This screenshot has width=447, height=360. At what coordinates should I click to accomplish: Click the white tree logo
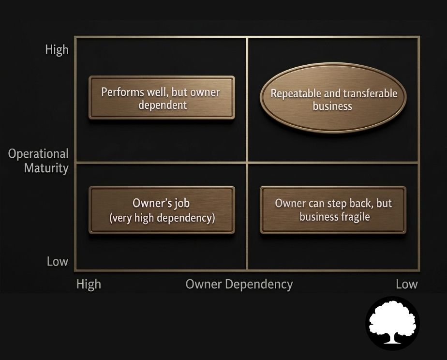tap(392, 323)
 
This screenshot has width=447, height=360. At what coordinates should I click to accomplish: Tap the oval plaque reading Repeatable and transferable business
tap(333, 100)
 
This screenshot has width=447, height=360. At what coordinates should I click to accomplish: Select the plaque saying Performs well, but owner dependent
tap(162, 98)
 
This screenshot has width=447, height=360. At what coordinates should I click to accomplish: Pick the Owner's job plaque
tap(162, 210)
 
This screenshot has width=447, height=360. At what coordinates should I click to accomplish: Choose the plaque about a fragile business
tap(333, 210)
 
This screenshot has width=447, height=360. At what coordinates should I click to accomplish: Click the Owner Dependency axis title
tap(239, 284)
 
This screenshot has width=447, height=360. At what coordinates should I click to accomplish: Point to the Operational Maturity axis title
tap(38, 161)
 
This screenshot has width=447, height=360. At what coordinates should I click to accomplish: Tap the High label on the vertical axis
tap(57, 50)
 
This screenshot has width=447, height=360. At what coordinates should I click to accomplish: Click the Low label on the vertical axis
tap(57, 262)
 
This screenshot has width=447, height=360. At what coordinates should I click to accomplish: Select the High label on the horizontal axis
tap(89, 284)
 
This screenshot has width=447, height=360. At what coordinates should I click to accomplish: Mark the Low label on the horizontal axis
tap(406, 284)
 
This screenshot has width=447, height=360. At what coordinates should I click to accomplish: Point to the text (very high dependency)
tap(162, 218)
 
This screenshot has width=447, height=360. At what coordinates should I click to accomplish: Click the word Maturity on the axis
tap(46, 168)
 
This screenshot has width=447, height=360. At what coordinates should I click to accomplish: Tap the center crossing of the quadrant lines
tap(247, 162)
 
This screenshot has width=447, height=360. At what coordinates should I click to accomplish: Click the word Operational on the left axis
tap(38, 154)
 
